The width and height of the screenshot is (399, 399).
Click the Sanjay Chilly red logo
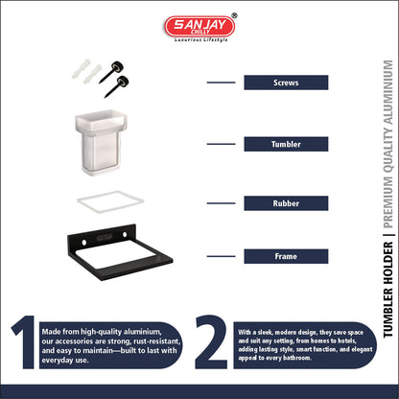[x=199, y=26]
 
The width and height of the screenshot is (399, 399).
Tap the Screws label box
[x=286, y=82]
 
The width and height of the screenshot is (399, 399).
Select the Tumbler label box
[x=286, y=144]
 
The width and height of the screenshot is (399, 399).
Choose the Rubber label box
[x=286, y=203]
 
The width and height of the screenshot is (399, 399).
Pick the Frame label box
[x=286, y=256]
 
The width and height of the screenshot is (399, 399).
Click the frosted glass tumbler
[x=101, y=142]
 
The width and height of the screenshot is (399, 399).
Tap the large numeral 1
[x=26, y=342]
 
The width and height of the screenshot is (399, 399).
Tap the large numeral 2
[x=211, y=342]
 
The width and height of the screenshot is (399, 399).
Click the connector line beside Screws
[x=221, y=82]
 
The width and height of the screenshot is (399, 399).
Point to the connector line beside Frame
[x=221, y=256]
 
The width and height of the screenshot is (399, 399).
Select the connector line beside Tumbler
[x=221, y=144]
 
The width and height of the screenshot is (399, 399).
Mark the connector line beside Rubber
[x=221, y=203]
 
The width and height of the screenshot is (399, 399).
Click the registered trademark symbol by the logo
[x=234, y=15]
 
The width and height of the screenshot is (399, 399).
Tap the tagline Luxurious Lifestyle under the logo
[x=201, y=40]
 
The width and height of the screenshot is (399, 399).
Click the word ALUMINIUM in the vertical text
[x=387, y=92]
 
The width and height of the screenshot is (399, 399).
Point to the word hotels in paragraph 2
[x=345, y=340]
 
